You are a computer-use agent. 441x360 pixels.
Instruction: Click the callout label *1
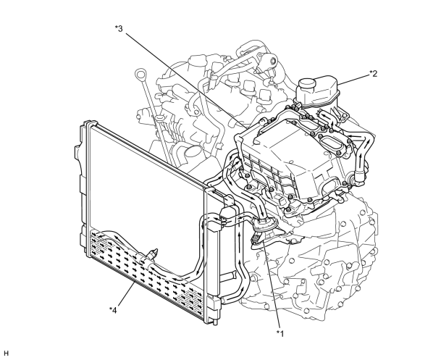(280, 333)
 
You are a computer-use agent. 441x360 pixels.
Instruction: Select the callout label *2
(374, 73)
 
